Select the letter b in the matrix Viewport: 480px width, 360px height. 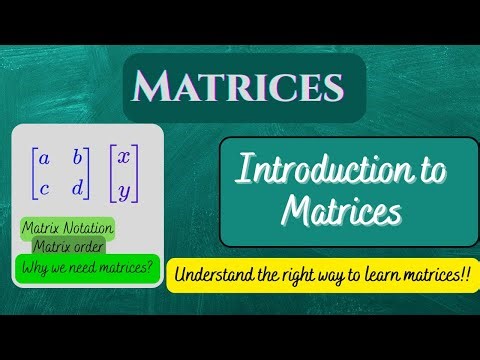77,156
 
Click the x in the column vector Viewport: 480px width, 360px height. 123,158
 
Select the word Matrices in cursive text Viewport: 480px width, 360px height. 341,212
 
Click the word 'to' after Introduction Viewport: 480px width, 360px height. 424,173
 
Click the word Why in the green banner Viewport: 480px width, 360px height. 33,267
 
